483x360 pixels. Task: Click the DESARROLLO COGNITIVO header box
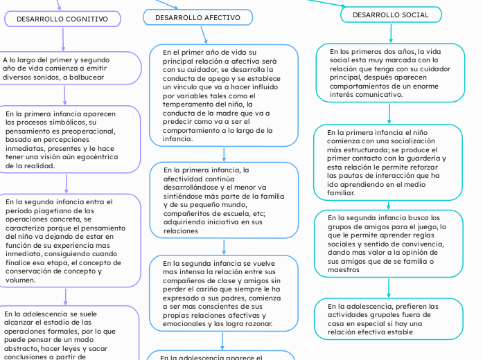(x=62, y=19)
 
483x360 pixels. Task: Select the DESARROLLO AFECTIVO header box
(x=198, y=17)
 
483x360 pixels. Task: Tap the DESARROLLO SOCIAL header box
(x=391, y=15)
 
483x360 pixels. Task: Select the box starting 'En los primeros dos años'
(x=389, y=73)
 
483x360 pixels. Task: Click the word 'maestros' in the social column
(x=344, y=270)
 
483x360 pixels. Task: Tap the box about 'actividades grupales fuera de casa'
(x=390, y=318)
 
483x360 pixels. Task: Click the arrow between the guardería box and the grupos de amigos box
(x=389, y=204)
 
